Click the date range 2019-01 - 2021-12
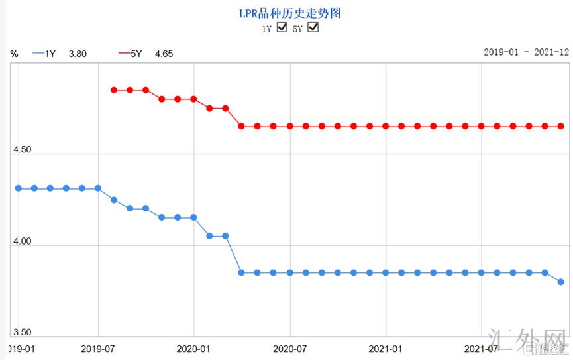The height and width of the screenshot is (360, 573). coord(526,52)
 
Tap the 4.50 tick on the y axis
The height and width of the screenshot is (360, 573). coord(23,150)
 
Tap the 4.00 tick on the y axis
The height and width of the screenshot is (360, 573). coord(23,241)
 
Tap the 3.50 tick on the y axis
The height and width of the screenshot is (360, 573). coord(23,333)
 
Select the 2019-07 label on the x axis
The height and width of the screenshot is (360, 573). coord(98,348)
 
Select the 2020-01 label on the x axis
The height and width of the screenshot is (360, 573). coord(194,348)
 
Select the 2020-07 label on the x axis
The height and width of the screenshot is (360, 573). coord(290,348)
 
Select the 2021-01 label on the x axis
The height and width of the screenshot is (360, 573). coord(386,348)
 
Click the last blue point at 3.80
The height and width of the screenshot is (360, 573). coord(561,282)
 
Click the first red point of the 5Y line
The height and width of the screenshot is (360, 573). coord(114,90)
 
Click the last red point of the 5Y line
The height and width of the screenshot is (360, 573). coord(561,126)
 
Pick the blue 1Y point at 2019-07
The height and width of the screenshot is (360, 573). coord(98,188)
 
